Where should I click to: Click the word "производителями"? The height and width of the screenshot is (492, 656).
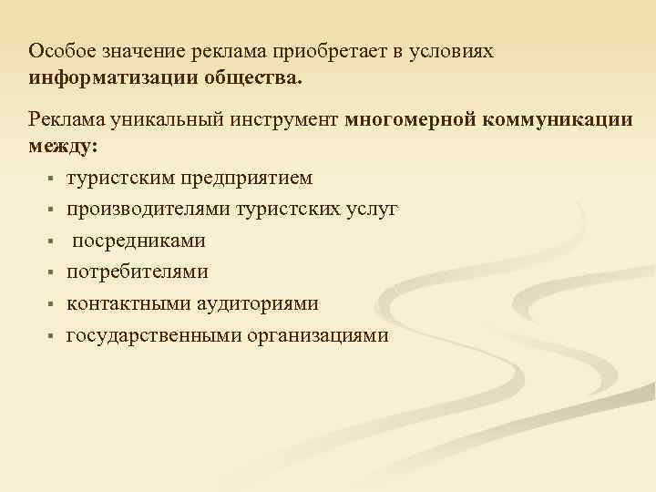pos(148,209)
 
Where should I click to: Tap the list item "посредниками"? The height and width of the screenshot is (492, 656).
pos(138,241)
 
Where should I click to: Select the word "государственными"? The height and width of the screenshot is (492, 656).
pos(154,335)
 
